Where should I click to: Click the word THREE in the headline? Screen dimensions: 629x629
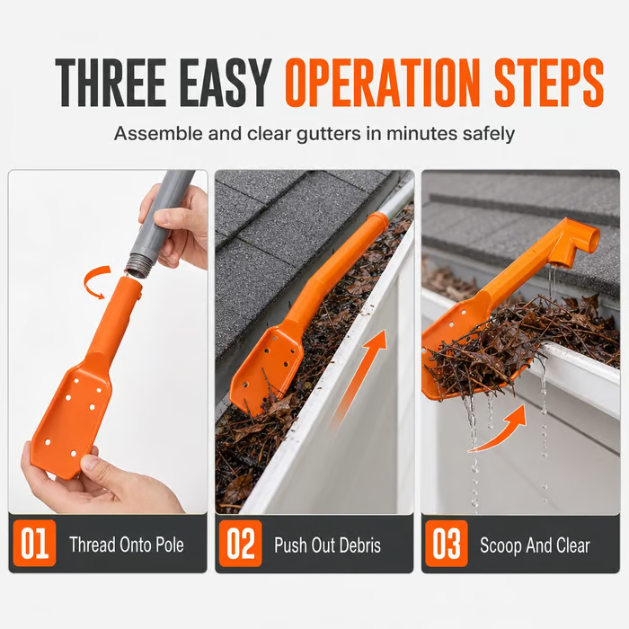(x=111, y=83)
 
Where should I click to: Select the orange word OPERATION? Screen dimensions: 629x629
(x=382, y=83)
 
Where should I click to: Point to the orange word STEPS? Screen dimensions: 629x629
(x=548, y=83)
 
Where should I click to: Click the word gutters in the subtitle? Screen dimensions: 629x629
(x=329, y=134)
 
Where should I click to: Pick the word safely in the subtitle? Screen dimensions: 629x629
(x=488, y=134)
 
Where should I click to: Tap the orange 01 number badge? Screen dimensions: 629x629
(x=34, y=544)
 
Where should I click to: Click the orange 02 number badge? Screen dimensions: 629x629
(x=241, y=544)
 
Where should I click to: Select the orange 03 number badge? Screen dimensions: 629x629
(x=447, y=544)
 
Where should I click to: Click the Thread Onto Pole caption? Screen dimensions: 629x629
(x=127, y=545)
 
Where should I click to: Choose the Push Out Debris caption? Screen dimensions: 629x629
(x=328, y=545)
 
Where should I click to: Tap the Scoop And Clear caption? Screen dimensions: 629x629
(x=535, y=545)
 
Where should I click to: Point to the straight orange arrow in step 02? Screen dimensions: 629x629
(x=356, y=380)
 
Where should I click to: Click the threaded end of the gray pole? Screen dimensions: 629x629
(x=137, y=266)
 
